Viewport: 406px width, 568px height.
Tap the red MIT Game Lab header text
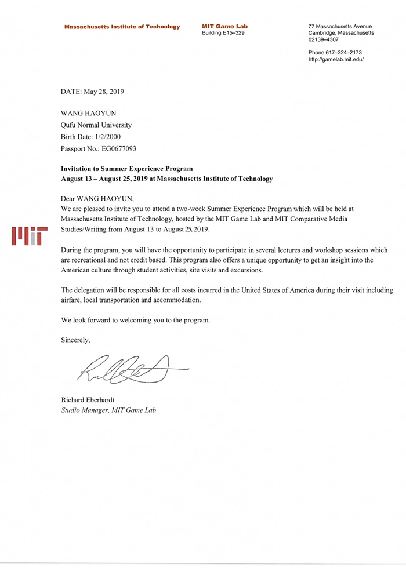pyautogui.click(x=224, y=27)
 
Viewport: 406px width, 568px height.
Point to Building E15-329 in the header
pyautogui.click(x=223, y=34)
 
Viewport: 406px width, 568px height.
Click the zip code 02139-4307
pyautogui.click(x=324, y=41)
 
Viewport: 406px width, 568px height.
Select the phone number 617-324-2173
pyautogui.click(x=343, y=53)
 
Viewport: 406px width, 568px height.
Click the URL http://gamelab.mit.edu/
pyautogui.click(x=336, y=60)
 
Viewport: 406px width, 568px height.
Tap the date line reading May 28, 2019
pyautogui.click(x=92, y=92)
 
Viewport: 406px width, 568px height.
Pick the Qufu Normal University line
pyautogui.click(x=96, y=125)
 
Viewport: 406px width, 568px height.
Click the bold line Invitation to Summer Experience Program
pyautogui.click(x=126, y=168)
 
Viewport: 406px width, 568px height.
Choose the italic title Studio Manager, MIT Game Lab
pyautogui.click(x=108, y=410)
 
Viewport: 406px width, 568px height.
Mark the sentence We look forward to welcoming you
pyautogui.click(x=135, y=320)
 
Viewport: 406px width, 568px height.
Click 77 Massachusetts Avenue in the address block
pyautogui.click(x=340, y=27)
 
